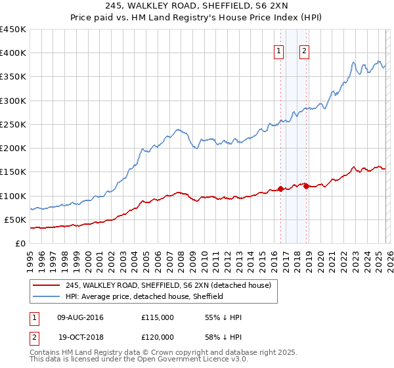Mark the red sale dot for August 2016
pos(280,189)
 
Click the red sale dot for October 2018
pos(306,187)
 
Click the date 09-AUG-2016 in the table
pos(81,317)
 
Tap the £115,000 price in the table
pos(157,317)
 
